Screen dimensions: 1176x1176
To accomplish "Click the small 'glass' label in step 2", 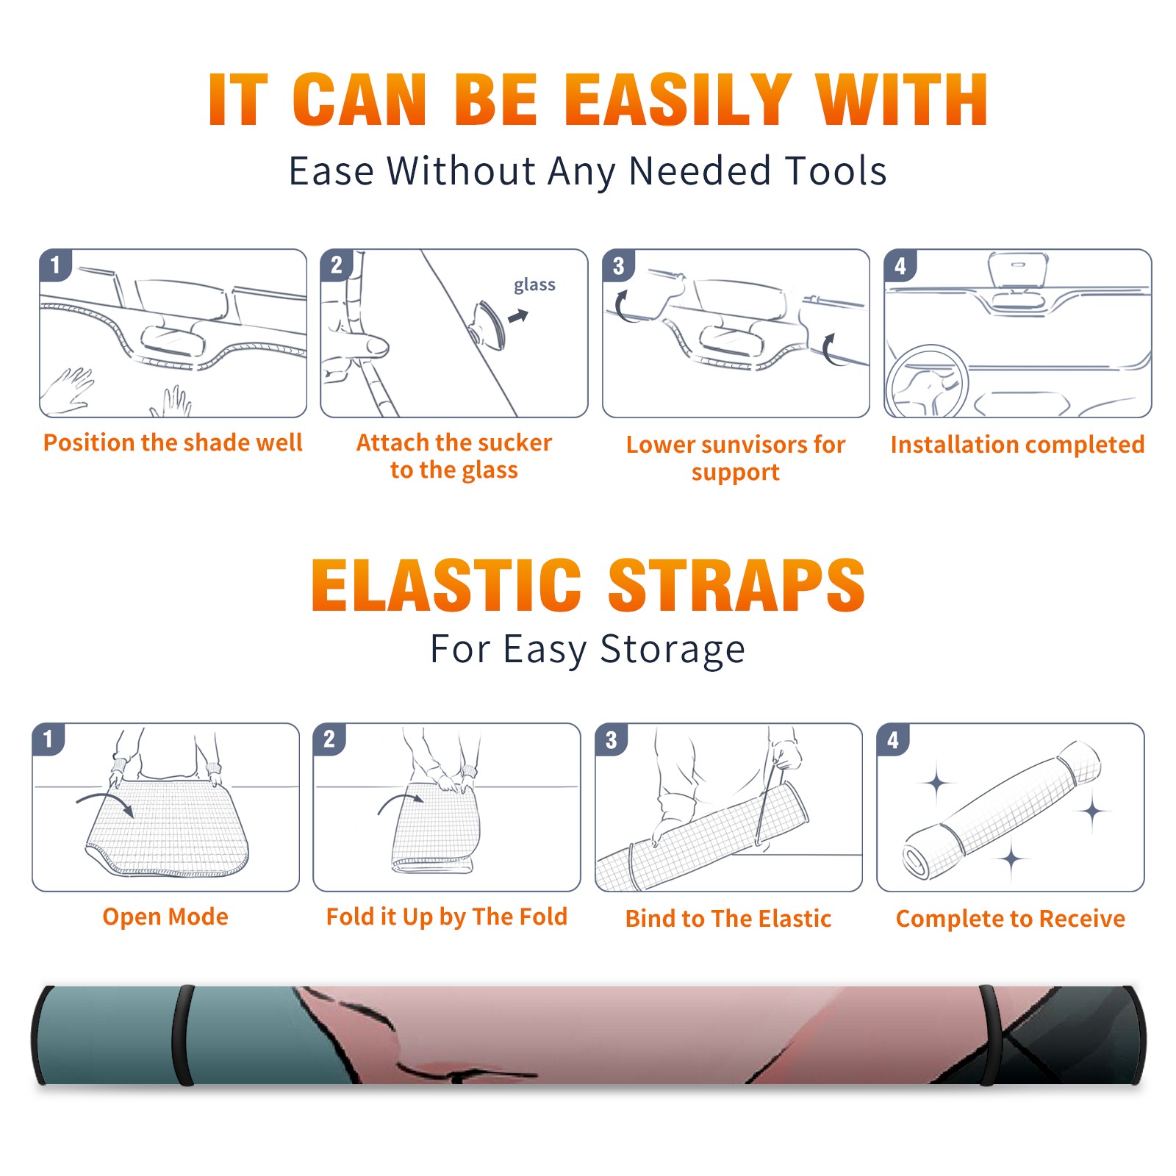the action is click(x=534, y=285).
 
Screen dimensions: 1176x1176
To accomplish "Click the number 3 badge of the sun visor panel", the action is click(x=618, y=266).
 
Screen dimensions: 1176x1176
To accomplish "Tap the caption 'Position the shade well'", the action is click(x=173, y=442).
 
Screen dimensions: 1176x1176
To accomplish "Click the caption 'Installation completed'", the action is click(x=1017, y=445).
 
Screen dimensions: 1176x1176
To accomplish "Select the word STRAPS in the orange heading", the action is click(x=736, y=585).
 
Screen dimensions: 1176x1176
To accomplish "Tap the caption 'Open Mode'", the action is click(x=165, y=917).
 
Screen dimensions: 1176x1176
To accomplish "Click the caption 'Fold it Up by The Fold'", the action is click(x=447, y=917).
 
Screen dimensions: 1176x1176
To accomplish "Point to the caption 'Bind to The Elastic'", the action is click(x=728, y=919).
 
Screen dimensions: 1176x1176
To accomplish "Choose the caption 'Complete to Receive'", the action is click(x=1011, y=919).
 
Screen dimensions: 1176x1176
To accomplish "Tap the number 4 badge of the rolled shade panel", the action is click(x=893, y=739).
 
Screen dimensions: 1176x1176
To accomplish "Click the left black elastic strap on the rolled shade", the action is click(x=183, y=1036).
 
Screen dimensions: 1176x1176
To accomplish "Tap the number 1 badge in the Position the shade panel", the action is click(x=55, y=265).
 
